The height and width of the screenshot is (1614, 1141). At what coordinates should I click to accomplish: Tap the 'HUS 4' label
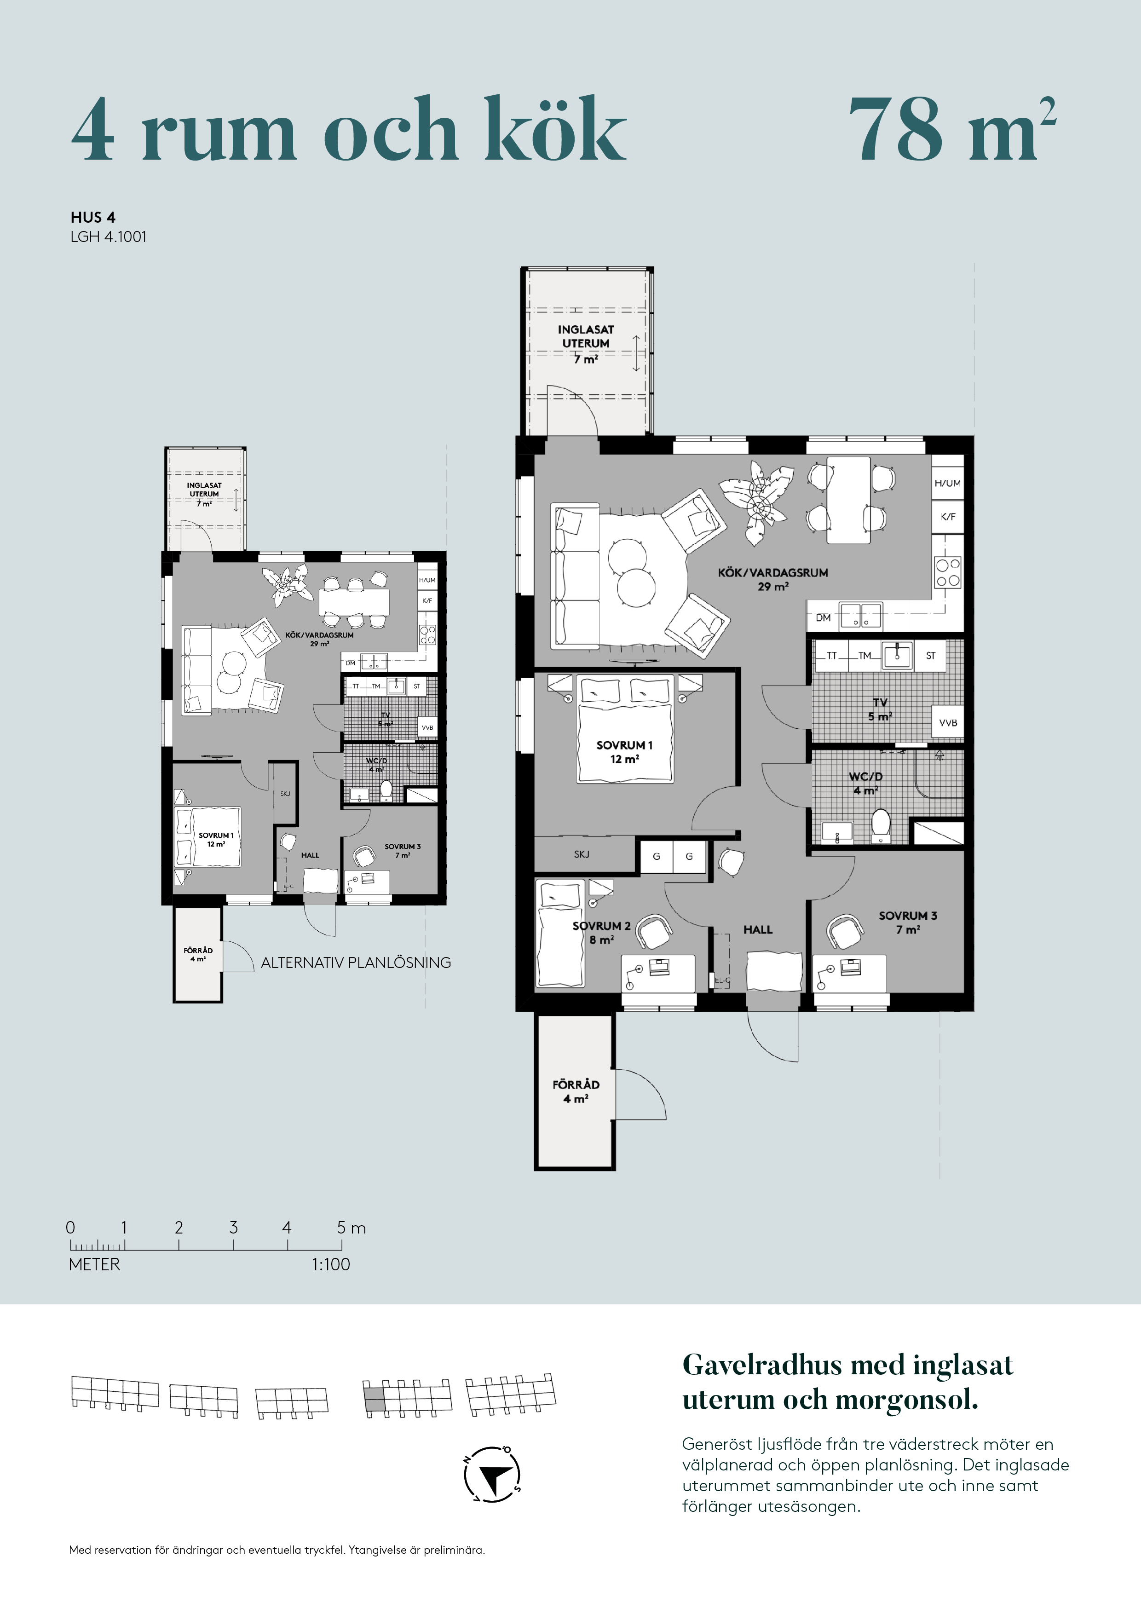pos(93,217)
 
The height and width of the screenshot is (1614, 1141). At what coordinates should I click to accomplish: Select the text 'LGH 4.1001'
pos(108,237)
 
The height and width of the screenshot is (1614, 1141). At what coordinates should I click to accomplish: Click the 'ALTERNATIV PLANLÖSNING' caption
pos(356,963)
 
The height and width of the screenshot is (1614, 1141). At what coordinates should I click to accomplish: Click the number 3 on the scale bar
pos(233,1228)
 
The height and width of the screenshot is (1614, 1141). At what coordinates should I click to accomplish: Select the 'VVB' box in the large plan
pos(948,722)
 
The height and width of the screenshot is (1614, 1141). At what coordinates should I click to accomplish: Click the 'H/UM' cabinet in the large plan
pos(948,483)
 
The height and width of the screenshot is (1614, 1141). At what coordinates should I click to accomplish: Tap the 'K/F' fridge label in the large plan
pos(948,517)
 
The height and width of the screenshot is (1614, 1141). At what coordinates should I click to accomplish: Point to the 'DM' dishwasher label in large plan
pos(823,618)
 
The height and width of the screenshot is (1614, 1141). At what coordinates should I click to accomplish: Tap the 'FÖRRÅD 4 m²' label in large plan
pos(576,1091)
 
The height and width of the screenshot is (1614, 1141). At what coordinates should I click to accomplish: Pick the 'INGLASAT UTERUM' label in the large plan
pos(586,336)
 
